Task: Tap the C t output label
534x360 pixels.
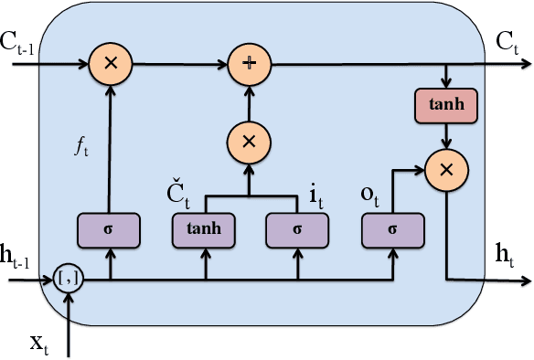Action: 508,42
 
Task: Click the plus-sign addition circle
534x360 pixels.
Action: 247,65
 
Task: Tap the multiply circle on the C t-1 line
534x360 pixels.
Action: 110,65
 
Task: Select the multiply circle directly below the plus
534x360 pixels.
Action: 247,141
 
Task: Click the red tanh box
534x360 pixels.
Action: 445,105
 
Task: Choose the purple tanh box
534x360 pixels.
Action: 204,228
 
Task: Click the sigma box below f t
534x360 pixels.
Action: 110,228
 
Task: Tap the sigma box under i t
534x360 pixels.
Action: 295,228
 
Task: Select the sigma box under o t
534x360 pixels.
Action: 392,228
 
